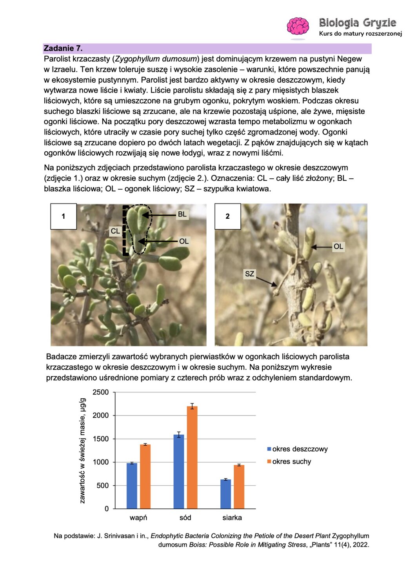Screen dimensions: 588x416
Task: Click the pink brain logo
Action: coord(298,26)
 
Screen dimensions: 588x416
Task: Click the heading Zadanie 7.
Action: coord(63,48)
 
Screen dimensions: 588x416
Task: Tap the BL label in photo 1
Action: coord(182,214)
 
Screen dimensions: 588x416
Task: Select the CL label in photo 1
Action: coord(115,231)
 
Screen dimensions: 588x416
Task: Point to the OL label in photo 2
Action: coord(338,247)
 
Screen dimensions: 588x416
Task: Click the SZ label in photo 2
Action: coord(249,274)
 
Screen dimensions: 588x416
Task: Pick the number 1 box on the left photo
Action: coord(64,216)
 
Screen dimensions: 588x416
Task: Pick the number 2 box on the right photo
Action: coord(227,216)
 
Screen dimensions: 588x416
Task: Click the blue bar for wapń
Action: coord(132,486)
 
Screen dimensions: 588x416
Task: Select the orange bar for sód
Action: coord(192,457)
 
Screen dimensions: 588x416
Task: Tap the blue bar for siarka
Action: coord(225,494)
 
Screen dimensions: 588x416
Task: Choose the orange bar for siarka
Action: coord(239,487)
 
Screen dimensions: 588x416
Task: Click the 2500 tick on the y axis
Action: coord(100,392)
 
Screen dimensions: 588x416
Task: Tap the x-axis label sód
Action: coord(185,518)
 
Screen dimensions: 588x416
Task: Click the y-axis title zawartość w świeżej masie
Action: coord(82,450)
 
